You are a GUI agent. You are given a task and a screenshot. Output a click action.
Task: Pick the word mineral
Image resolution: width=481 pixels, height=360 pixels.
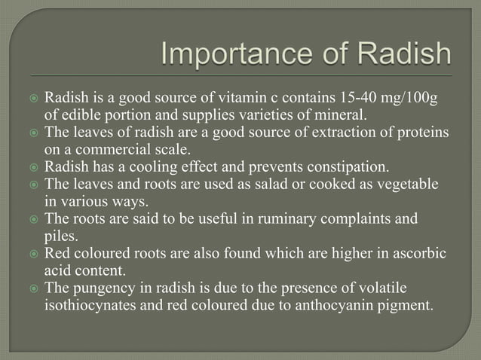click(340, 115)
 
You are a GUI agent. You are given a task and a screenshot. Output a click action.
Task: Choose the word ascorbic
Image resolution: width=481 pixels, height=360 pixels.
click(419, 253)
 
